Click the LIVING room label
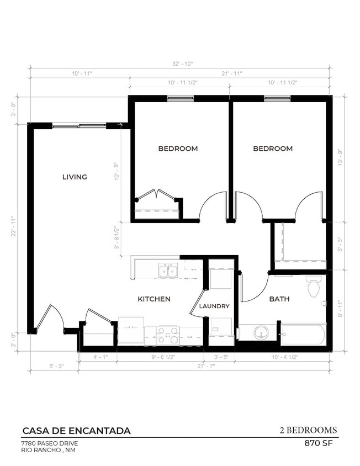pyautogui.click(x=75, y=177)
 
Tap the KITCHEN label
pyautogui.click(x=153, y=299)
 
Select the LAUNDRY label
pyautogui.click(x=214, y=306)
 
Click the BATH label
pyautogui.click(x=279, y=299)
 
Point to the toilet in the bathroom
pyautogui.click(x=313, y=287)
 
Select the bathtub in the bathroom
pyautogui.click(x=304, y=334)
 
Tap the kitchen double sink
pyautogui.click(x=168, y=270)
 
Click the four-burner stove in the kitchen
pyautogui.click(x=167, y=335)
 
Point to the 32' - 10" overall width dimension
pyautogui.click(x=180, y=64)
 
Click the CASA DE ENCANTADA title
pyautogui.click(x=76, y=431)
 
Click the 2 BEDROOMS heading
pyautogui.click(x=308, y=430)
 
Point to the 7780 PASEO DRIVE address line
pyautogui.click(x=49, y=443)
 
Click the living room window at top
pyautogui.click(x=79, y=125)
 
